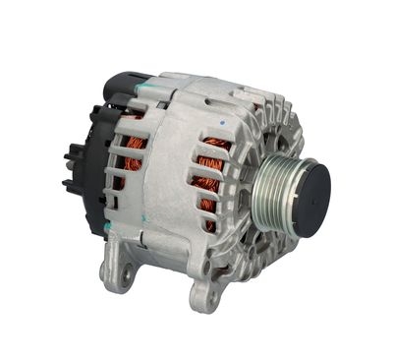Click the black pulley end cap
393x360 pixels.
[x=306, y=187]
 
